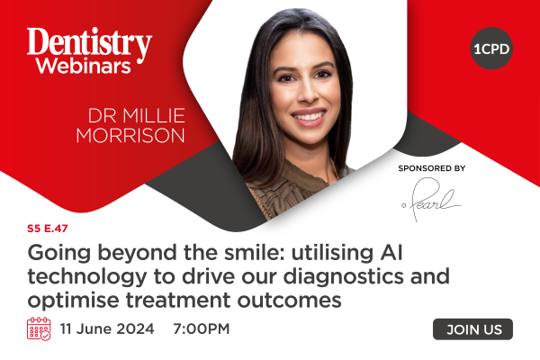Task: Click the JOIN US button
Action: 472,329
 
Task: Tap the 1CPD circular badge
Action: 491,49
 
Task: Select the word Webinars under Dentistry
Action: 84,66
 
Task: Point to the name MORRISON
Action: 130,135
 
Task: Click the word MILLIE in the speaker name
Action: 154,116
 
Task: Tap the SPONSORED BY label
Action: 432,168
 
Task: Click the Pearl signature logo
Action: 430,200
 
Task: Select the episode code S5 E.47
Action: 48,229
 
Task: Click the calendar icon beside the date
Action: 39,329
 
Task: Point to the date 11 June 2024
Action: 107,328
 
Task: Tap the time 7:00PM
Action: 201,328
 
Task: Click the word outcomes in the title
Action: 289,300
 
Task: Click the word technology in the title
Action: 87,277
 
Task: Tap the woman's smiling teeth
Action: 309,116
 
